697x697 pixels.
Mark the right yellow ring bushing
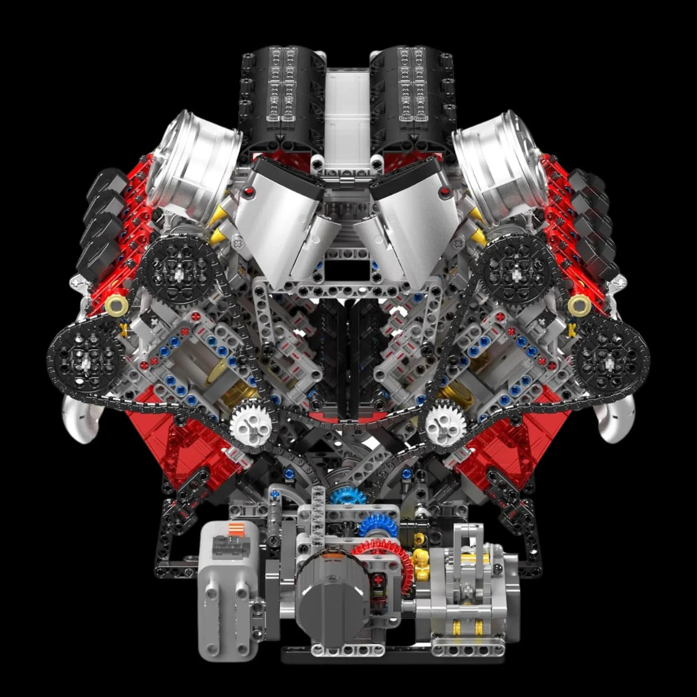pyautogui.click(x=578, y=305)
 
